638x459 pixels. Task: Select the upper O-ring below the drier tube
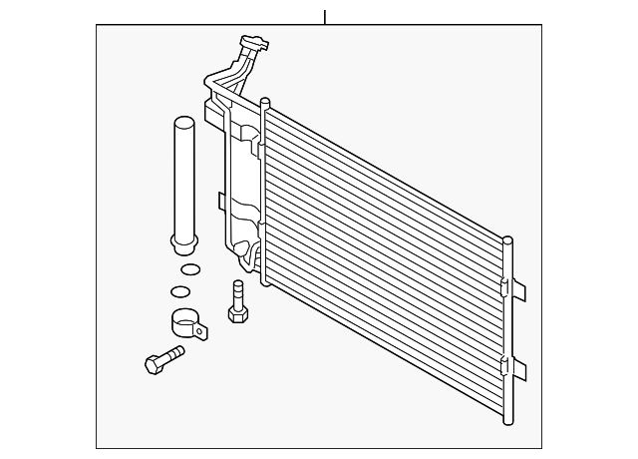pos(186,268)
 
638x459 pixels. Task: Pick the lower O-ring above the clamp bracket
pos(180,291)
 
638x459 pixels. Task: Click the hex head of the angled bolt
pos(153,364)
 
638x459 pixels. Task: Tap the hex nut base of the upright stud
pos(237,314)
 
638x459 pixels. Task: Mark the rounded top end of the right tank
pos(508,240)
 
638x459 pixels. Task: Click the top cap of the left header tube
pos(264,101)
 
